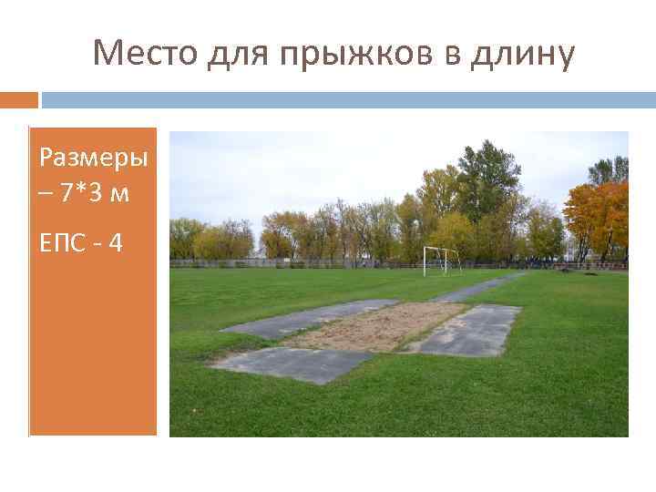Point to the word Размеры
coord(93,158)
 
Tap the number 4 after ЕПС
coord(117,243)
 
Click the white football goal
coord(441,260)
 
